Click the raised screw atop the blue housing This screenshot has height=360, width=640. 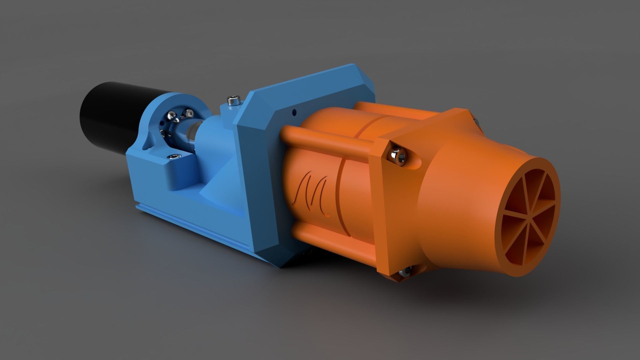tap(233, 100)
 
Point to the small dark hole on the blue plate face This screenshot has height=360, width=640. tap(294, 113)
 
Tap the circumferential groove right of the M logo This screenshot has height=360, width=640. tap(342, 197)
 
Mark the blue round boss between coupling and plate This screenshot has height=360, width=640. tap(213, 133)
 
